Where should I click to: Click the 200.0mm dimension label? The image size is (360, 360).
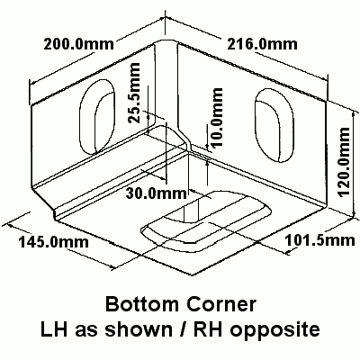[x=79, y=44]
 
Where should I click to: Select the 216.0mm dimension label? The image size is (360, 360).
[x=262, y=44]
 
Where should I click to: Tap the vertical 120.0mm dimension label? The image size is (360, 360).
[x=344, y=162]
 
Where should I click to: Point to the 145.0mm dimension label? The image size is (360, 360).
[x=54, y=241]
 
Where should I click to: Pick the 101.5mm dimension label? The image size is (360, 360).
[x=319, y=240]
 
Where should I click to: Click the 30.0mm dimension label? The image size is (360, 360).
[x=157, y=193]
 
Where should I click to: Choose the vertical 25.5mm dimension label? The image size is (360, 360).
[x=134, y=93]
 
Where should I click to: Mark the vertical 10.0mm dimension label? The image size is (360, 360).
[x=217, y=117]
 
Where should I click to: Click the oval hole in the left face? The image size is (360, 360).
[x=97, y=117]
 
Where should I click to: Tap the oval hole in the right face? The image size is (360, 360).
[x=274, y=125]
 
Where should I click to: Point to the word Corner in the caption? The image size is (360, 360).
[x=221, y=304]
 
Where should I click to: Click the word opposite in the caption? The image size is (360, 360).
[x=275, y=330]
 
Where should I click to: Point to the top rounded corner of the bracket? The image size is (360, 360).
[x=165, y=40]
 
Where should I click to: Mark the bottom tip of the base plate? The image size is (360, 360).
[x=193, y=275]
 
